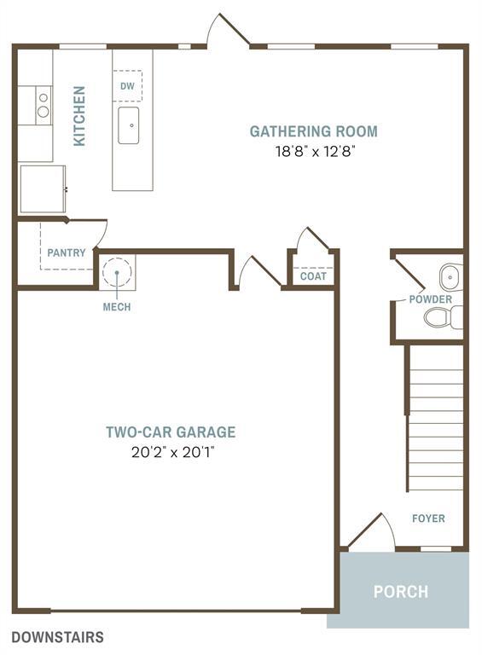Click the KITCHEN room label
click(79, 115)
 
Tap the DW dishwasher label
click(127, 86)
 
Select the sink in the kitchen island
click(129, 125)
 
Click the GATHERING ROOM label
click(313, 131)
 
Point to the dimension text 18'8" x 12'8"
click(313, 152)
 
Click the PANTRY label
click(66, 252)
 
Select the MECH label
click(117, 307)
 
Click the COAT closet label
click(313, 276)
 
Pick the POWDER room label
click(430, 299)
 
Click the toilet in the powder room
click(442, 318)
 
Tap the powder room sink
click(450, 277)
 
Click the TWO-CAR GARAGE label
click(171, 432)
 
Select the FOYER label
click(428, 519)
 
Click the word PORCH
click(400, 591)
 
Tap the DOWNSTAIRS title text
click(58, 637)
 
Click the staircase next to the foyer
click(435, 418)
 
